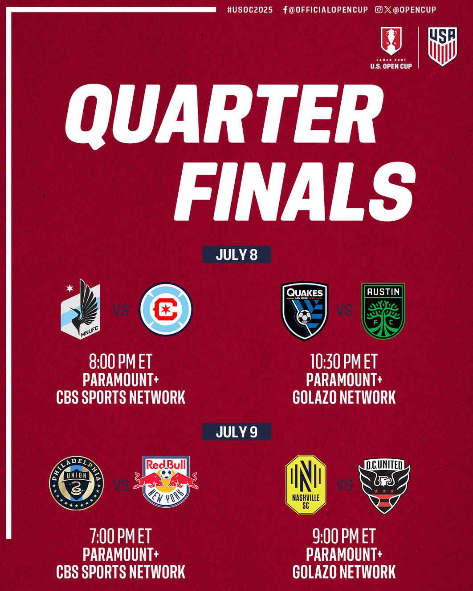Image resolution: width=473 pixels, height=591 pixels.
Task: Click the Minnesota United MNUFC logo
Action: tap(81, 310)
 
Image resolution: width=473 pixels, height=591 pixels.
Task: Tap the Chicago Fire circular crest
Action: tap(166, 310)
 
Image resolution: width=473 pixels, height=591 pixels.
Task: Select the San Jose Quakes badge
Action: tap(305, 311)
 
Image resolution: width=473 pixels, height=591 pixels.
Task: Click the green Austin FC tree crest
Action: tap(383, 311)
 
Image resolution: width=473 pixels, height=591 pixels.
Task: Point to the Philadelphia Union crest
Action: tap(76, 483)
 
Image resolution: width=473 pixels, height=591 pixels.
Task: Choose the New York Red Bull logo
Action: tap(166, 482)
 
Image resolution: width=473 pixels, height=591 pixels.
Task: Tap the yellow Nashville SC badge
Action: tap(306, 484)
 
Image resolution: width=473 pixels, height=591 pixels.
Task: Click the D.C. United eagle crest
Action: tap(384, 485)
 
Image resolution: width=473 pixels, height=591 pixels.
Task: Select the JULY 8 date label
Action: tap(236, 255)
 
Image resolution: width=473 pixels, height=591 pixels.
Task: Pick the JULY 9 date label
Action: tap(236, 432)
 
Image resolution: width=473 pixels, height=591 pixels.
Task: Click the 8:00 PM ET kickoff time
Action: tap(121, 362)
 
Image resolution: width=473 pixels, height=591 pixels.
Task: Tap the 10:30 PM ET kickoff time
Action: tap(344, 362)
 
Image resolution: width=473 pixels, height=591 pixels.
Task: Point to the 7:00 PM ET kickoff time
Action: tap(121, 537)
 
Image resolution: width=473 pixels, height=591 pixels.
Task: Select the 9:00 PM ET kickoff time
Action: tap(344, 537)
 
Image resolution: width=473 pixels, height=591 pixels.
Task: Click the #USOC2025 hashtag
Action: tap(250, 10)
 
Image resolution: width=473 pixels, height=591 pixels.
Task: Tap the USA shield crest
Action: tap(442, 46)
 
